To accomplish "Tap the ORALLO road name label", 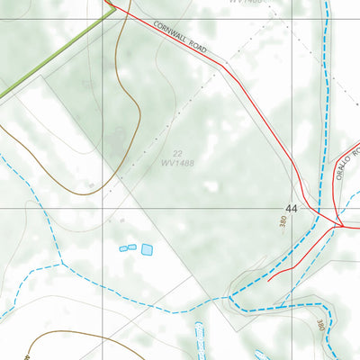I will (x=347, y=162).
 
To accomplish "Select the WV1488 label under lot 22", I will (x=178, y=164).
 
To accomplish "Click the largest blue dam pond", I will (x=147, y=249).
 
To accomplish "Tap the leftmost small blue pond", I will (x=123, y=247).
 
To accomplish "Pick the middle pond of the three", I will (x=132, y=246).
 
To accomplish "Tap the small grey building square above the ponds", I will (x=121, y=219).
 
